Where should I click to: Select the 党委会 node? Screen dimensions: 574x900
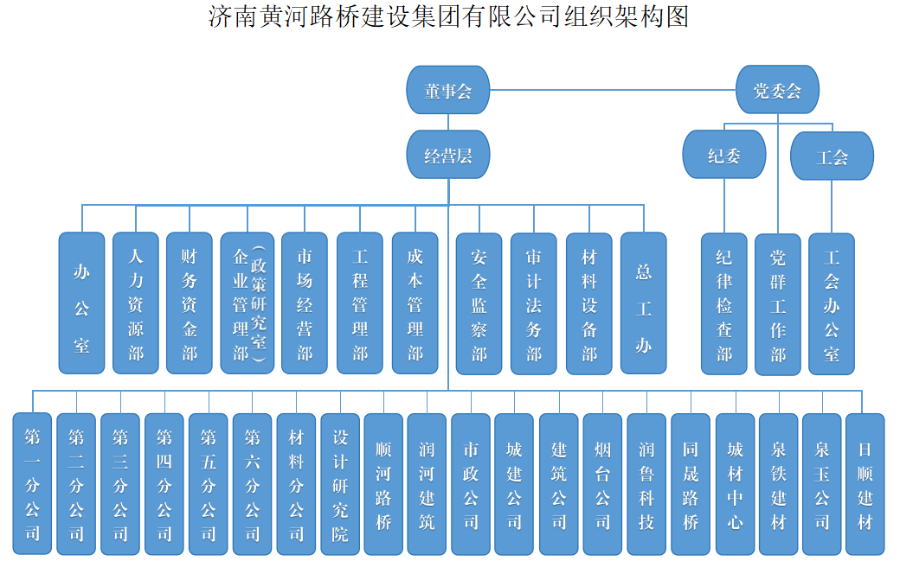(x=777, y=89)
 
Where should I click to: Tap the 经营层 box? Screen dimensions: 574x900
(x=448, y=156)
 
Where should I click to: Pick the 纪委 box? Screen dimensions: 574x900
(x=724, y=155)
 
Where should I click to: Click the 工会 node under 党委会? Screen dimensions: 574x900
(x=832, y=156)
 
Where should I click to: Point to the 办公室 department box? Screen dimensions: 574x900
(x=81, y=303)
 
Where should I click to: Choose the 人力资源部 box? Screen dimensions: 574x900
(x=136, y=303)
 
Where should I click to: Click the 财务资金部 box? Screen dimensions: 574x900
(x=189, y=303)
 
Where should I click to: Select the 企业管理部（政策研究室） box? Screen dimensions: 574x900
(x=247, y=303)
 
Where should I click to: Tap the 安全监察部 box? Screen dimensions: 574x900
(x=479, y=303)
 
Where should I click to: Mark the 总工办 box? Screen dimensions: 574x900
(x=643, y=303)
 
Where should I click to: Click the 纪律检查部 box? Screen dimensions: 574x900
(x=724, y=303)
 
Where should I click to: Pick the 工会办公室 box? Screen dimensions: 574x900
(x=832, y=303)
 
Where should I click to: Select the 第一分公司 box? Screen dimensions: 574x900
(x=33, y=484)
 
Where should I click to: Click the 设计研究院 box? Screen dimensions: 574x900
(x=340, y=484)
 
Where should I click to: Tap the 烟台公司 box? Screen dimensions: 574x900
(x=603, y=484)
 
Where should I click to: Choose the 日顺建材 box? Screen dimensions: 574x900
(x=865, y=484)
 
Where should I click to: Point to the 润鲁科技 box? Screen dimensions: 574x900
(x=646, y=484)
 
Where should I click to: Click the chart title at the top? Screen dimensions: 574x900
(x=448, y=16)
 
